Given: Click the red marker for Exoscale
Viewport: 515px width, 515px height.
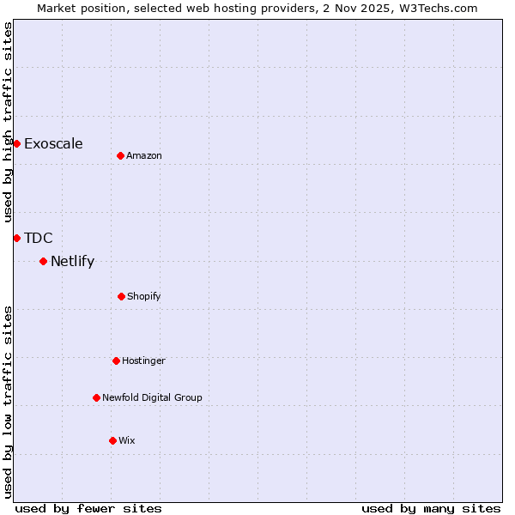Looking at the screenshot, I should click(16, 143).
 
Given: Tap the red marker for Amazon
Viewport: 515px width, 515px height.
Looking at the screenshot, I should click(120, 155).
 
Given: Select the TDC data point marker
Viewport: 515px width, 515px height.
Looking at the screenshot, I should click(16, 238).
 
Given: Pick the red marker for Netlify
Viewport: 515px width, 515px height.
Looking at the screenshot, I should click(43, 261).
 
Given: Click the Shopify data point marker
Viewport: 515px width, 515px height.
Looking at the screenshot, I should click(121, 296).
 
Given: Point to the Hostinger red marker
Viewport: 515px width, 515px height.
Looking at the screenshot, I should click(116, 360).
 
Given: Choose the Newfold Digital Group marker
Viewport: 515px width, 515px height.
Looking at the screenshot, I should click(96, 397).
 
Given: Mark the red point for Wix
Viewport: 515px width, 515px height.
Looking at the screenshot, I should click(112, 440).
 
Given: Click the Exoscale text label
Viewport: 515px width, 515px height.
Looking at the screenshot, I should click(53, 143).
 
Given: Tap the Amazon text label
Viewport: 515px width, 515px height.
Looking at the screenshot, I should click(144, 155).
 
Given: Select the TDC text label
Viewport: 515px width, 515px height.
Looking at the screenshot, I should click(39, 238).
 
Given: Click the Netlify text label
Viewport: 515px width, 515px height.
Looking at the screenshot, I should click(72, 261).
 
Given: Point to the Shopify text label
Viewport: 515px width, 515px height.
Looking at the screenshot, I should click(144, 296).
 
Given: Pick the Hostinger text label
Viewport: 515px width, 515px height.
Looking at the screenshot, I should click(143, 360).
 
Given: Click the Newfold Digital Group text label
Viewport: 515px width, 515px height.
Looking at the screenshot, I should click(152, 397).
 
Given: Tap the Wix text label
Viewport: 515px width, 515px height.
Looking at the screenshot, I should click(127, 440).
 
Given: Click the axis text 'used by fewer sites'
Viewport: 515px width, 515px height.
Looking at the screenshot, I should click(88, 508).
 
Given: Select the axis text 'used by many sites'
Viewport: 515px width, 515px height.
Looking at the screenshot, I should click(431, 508).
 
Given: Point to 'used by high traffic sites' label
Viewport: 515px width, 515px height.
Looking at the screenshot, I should click(8, 122).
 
